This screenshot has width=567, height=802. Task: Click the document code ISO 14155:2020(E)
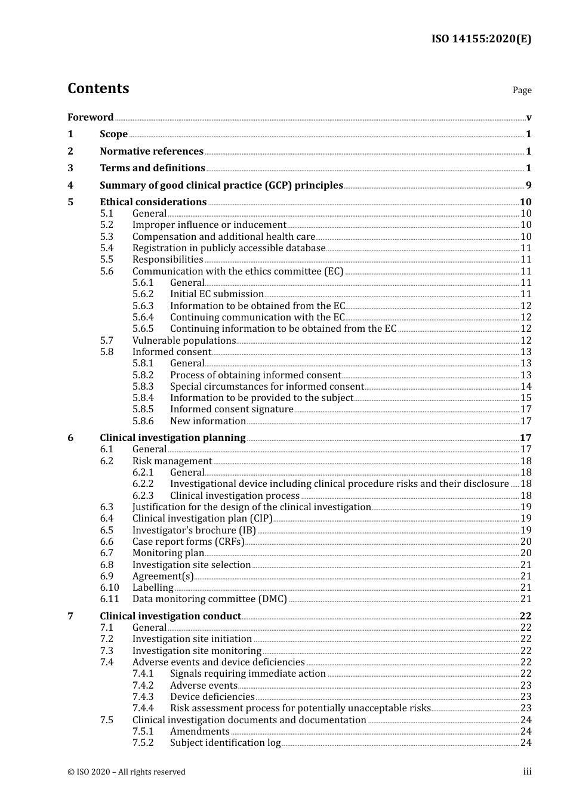point(481,39)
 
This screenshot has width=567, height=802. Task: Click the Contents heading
point(98,88)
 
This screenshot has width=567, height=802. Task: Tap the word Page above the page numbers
point(522,90)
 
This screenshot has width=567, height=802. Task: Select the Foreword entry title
point(90,117)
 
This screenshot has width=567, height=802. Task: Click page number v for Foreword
point(528,118)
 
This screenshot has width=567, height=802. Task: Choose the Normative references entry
point(152,151)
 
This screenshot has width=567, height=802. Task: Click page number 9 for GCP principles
point(528,185)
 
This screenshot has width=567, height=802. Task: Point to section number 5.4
point(106,248)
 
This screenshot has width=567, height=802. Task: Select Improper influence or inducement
point(209,225)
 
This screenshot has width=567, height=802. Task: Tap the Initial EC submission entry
point(217,294)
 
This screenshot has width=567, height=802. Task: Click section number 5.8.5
point(143,409)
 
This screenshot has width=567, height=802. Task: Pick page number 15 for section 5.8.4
point(525,397)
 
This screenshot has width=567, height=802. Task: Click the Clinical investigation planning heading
point(172,437)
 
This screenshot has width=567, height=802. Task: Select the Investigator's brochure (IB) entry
point(193,530)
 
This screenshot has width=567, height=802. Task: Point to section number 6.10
point(109,587)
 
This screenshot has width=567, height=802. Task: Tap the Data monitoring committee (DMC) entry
point(209,599)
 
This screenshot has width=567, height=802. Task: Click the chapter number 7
point(70,616)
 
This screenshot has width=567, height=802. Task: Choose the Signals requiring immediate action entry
point(248,673)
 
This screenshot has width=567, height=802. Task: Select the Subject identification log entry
point(225,742)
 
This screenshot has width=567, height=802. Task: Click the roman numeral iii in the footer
point(527,772)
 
